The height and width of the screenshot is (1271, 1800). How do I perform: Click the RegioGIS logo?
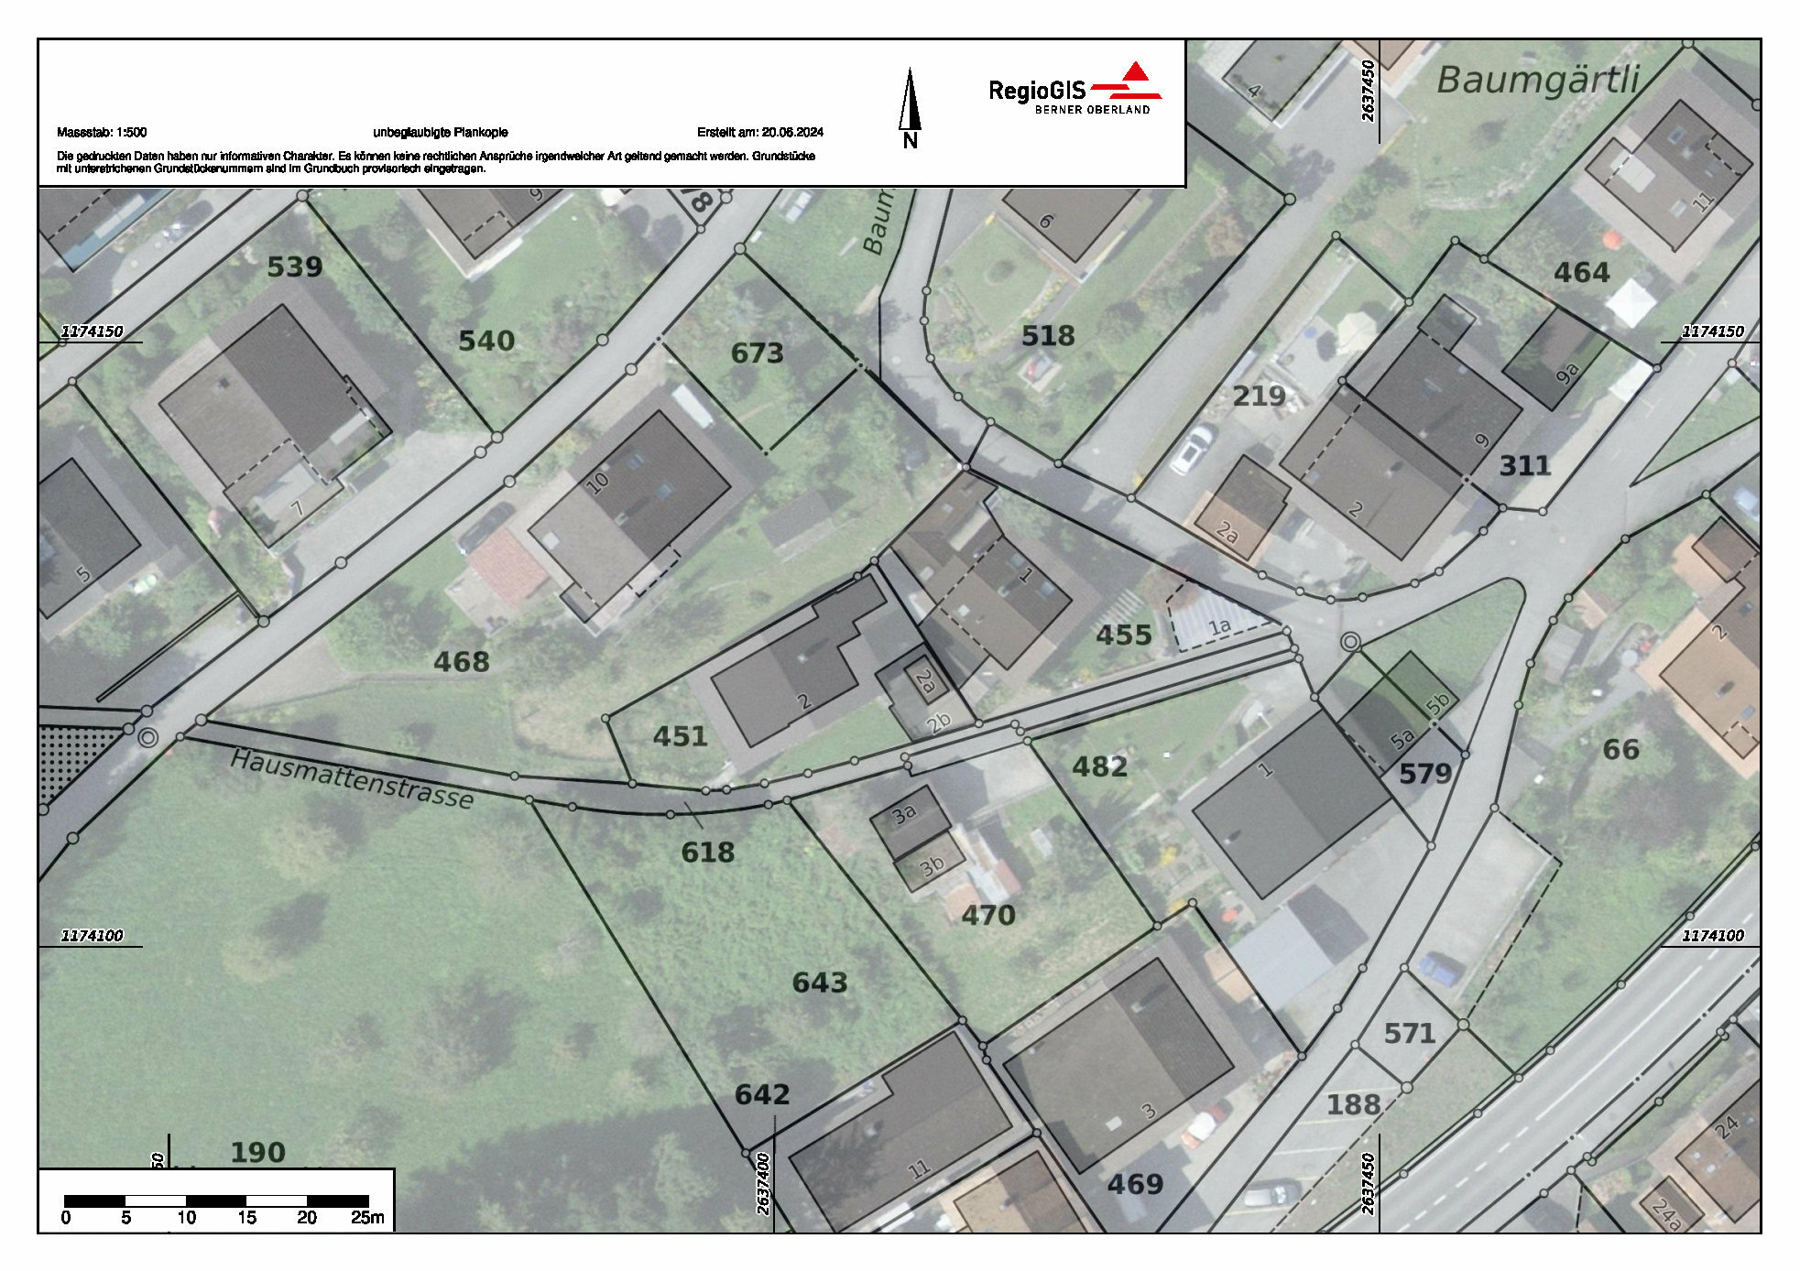coord(1075,90)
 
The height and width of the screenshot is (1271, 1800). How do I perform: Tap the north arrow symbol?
coord(910,105)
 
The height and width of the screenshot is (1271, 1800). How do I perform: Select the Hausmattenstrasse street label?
coord(352,780)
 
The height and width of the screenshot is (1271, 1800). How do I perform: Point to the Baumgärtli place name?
coord(1537,81)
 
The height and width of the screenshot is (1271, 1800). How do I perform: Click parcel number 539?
coord(294,266)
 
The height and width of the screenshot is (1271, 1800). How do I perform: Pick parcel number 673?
coord(757,353)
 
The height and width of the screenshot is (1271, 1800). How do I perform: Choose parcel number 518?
coord(1048,336)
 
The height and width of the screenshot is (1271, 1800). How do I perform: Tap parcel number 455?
coord(1123,635)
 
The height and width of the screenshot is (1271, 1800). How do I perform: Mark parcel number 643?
coord(819,983)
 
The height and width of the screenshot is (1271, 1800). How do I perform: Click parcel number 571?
coord(1409,1034)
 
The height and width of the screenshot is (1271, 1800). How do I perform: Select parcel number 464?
coord(1581,273)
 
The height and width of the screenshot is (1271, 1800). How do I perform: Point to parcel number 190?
coord(257,1152)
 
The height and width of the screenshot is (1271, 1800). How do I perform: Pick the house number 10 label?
coord(597,482)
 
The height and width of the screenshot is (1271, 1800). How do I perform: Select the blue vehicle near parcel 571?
coord(1441,968)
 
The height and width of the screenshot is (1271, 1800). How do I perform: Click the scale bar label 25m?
coord(367,1218)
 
